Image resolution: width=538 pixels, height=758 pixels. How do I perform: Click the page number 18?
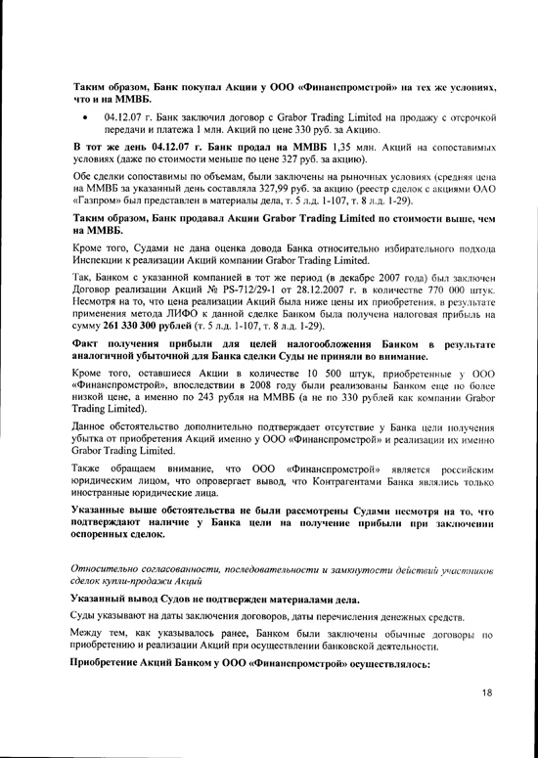[485, 692]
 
